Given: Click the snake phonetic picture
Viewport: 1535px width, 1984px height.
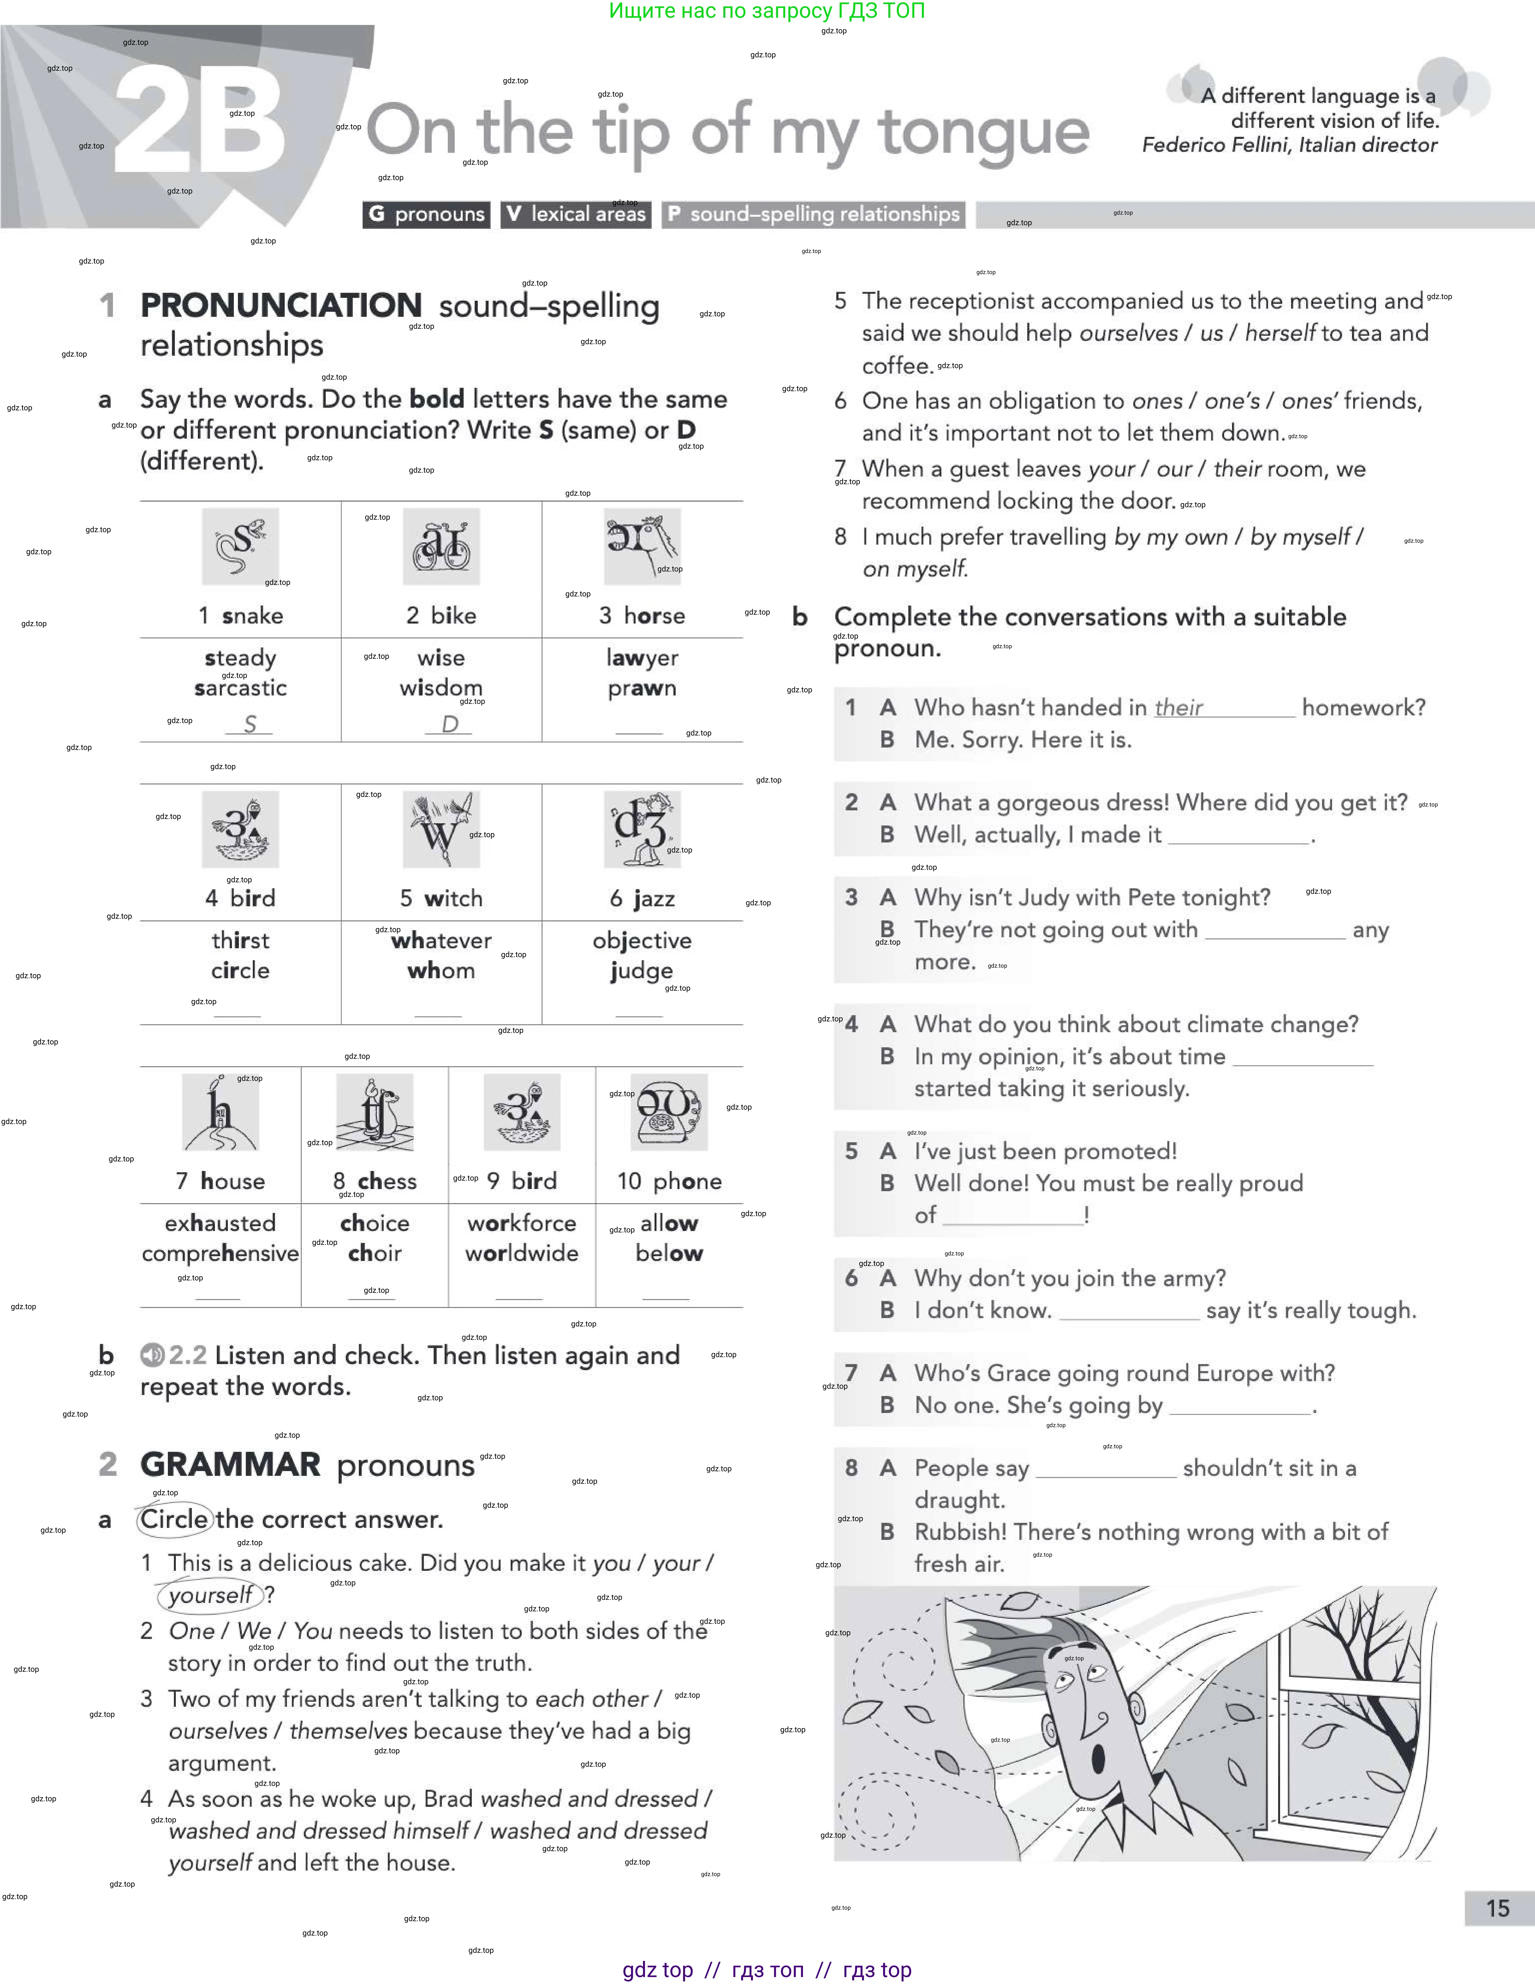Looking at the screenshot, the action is pos(240,546).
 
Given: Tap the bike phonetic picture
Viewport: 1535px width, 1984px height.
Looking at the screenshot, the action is pos(441,546).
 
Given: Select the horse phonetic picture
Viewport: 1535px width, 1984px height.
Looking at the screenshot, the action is pos(642,546).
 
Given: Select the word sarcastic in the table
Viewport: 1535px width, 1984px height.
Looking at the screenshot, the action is pos(241,689).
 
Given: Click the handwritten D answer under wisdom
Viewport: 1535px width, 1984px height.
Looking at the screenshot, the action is pos(450,724).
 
